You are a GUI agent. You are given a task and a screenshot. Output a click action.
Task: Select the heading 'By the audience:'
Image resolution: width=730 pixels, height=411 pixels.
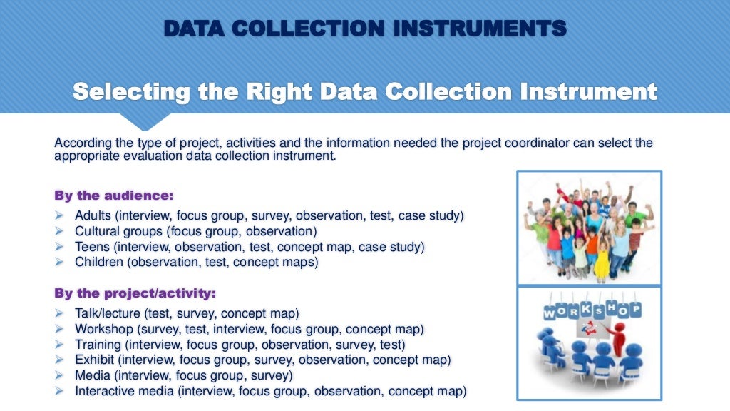pos(114,194)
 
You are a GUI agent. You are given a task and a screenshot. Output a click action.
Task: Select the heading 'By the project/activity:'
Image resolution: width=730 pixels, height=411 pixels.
pos(135,293)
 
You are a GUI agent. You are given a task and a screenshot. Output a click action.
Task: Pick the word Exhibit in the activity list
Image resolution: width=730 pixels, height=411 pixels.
pos(95,360)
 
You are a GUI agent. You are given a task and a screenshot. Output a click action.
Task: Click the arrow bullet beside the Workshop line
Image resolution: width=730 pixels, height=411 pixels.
pos(59,329)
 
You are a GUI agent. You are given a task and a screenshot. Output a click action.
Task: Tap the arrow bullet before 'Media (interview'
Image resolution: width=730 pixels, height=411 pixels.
pos(59,376)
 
